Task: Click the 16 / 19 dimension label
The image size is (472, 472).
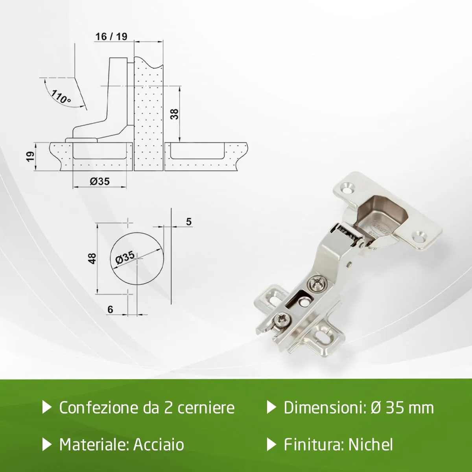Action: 111,37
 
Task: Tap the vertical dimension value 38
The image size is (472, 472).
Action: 174,114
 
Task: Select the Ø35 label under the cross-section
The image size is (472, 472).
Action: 100,181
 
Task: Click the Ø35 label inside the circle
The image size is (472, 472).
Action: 125,257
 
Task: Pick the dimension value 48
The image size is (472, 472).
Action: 92,258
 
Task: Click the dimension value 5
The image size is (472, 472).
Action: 189,222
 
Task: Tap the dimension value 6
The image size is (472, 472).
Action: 110,310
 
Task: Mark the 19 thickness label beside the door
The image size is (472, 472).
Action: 30,157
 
